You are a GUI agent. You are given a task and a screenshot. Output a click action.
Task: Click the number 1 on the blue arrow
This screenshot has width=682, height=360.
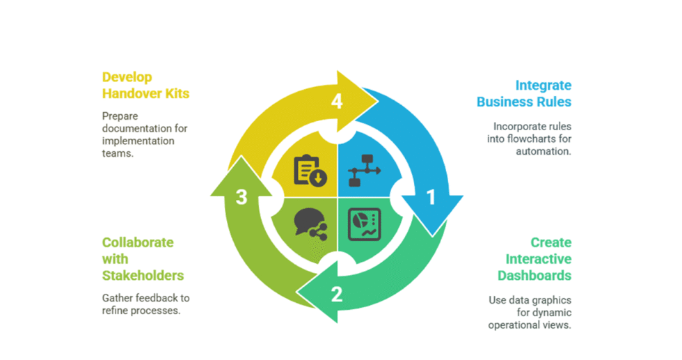(430, 198)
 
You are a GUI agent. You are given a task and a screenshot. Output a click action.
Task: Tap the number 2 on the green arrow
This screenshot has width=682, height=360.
(337, 294)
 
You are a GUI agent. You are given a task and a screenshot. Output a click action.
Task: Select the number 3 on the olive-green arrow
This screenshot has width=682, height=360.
(241, 198)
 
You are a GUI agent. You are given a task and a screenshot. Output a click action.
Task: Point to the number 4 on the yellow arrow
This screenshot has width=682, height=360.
(337, 102)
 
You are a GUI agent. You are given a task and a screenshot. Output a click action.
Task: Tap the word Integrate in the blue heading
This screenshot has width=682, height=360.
(543, 85)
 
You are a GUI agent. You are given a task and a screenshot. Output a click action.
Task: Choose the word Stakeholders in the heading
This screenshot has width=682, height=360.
(143, 275)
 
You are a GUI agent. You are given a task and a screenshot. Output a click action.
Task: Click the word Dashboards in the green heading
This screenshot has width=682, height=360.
(534, 275)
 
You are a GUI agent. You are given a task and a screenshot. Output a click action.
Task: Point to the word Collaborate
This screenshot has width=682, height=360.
(138, 242)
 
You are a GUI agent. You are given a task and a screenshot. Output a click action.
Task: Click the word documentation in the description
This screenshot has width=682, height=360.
(136, 128)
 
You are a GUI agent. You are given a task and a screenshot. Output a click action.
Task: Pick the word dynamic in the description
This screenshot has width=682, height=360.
(553, 313)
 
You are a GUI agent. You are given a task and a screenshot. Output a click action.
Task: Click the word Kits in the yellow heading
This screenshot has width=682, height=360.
(176, 93)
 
